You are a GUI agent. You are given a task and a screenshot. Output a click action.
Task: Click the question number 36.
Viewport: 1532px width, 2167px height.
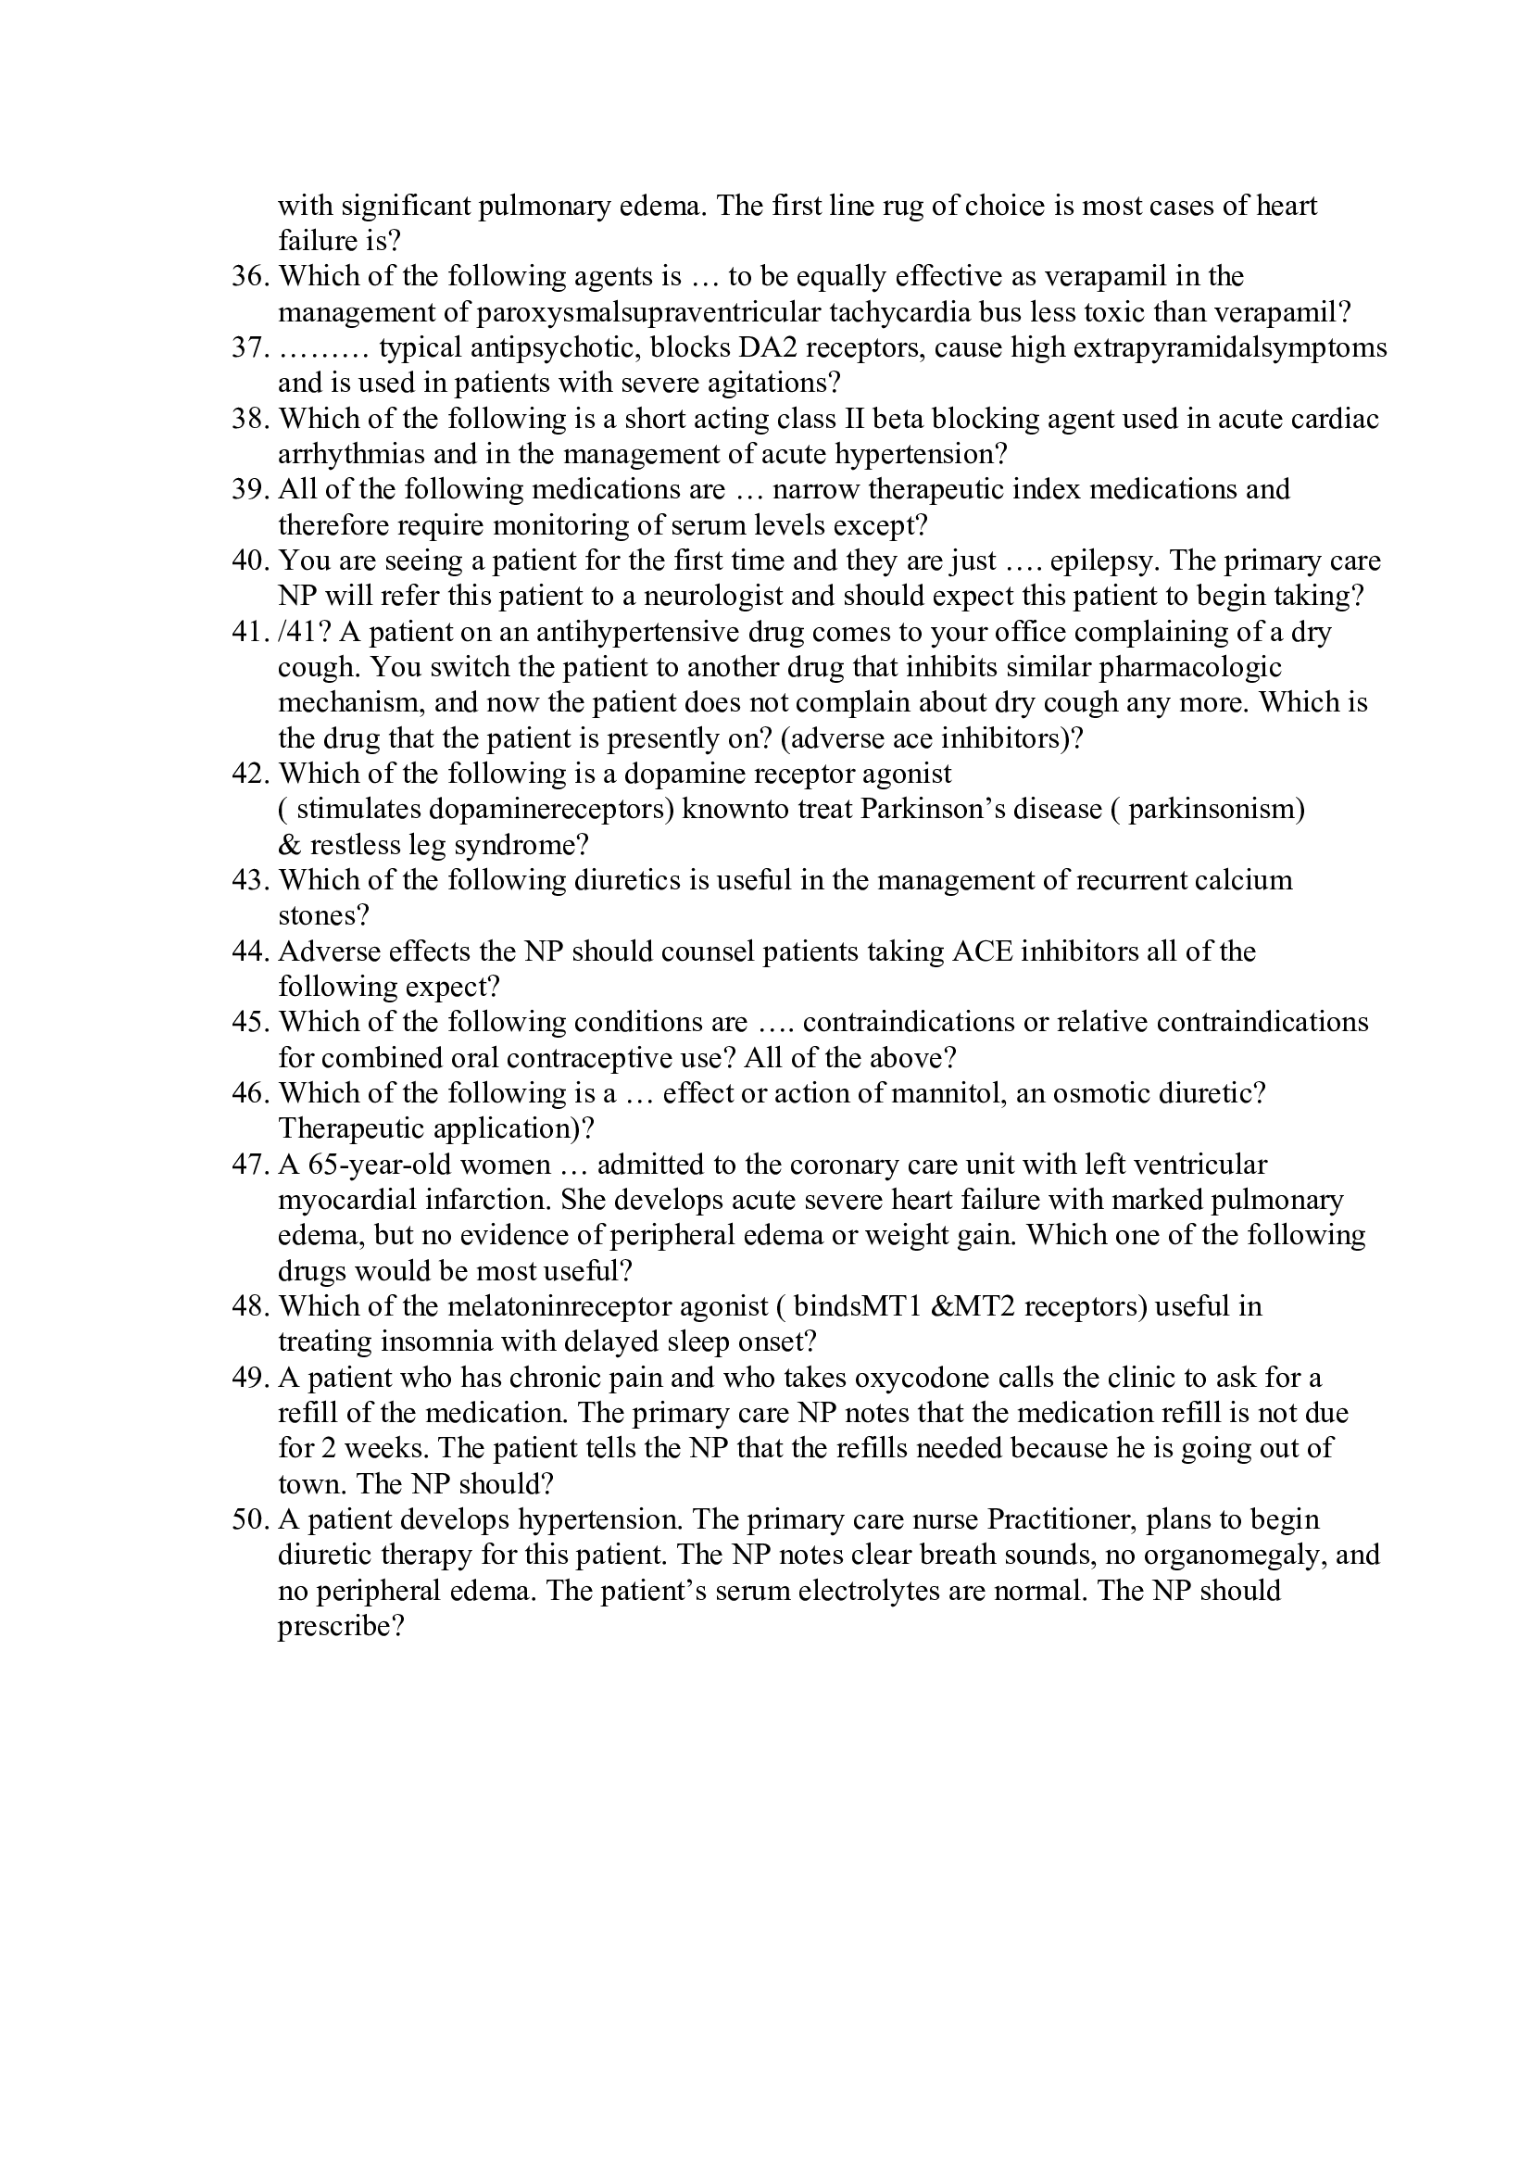pos(250,276)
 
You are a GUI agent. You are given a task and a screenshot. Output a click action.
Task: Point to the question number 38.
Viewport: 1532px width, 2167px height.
pos(250,419)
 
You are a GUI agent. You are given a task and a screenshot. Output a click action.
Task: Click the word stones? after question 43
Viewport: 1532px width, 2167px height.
pos(322,915)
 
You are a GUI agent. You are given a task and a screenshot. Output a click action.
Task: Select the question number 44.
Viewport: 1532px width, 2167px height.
pos(250,951)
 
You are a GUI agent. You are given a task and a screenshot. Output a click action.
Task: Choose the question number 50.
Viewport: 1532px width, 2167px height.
pos(250,1520)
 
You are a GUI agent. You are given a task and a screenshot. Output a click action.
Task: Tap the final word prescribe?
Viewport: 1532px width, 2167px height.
pos(341,1627)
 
